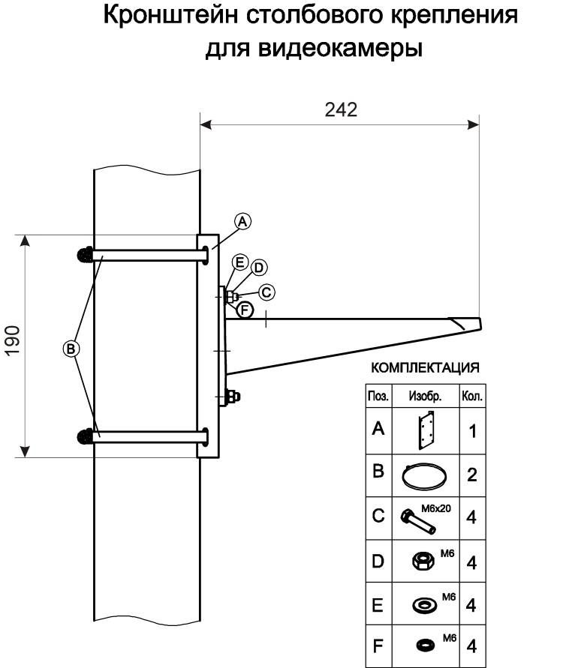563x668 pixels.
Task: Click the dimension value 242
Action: (341, 109)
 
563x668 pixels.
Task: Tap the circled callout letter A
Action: (242, 221)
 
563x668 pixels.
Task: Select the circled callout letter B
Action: (71, 348)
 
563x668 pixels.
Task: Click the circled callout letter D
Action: (258, 268)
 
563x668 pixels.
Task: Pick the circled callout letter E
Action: (240, 262)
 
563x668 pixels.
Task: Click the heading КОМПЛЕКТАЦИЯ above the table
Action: (425, 368)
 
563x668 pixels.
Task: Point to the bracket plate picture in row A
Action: (426, 430)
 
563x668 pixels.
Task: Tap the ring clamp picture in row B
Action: (424, 474)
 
